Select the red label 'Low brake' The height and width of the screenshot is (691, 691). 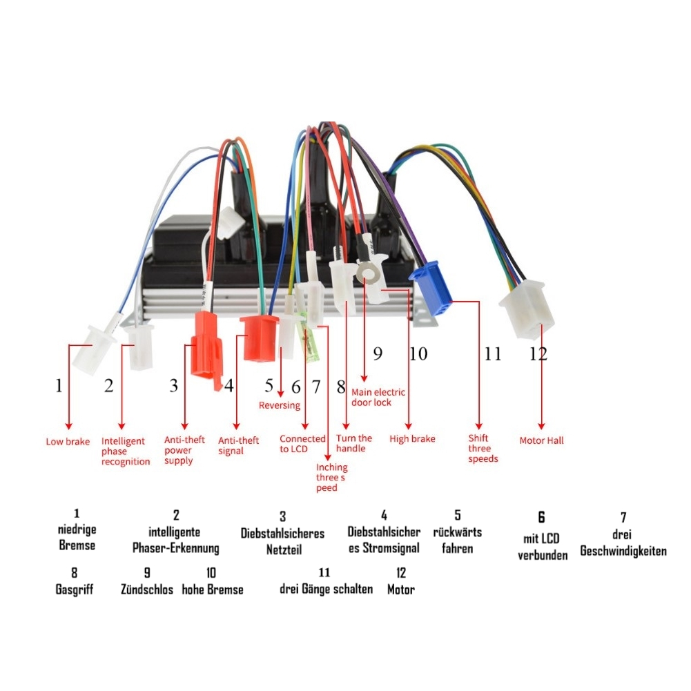point(68,442)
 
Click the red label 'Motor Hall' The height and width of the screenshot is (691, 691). point(542,440)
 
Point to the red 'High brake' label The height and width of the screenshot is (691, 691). point(412,439)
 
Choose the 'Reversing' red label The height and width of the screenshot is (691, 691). point(280,405)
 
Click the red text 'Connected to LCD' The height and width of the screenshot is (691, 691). point(302,444)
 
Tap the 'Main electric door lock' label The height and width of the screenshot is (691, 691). point(378,397)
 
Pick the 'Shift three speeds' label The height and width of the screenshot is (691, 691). point(483,448)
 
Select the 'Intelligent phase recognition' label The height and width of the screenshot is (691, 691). point(125,451)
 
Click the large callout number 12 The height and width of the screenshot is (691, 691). point(538,354)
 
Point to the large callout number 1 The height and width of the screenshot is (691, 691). point(59,385)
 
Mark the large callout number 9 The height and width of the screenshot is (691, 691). point(378,354)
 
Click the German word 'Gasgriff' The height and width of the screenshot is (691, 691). point(74,590)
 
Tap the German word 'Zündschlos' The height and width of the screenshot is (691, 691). point(147,590)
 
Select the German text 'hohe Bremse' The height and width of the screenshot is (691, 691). point(213,590)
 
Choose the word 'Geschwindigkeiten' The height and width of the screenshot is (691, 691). point(623,551)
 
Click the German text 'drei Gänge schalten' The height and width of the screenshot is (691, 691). point(326,589)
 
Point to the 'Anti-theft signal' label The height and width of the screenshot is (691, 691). point(239,446)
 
